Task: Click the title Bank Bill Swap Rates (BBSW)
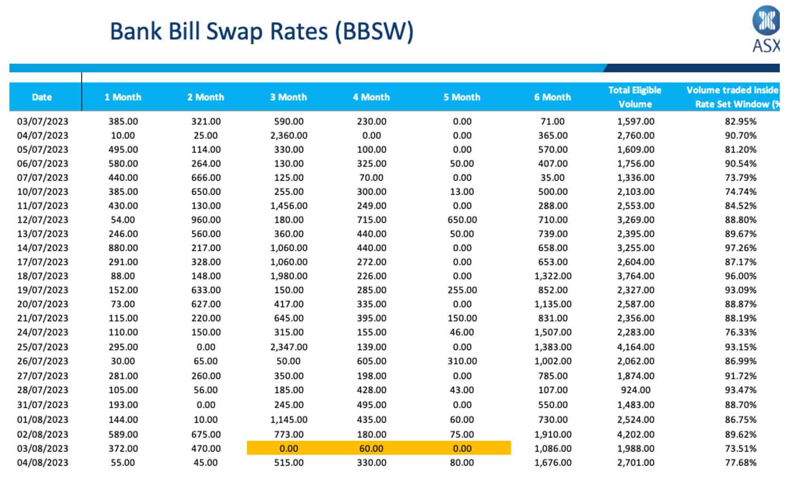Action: tap(261, 32)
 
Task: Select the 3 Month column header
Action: tap(288, 97)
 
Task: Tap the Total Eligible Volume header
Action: tap(634, 97)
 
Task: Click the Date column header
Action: tap(42, 97)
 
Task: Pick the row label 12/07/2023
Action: tap(43, 220)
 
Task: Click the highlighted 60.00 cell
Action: tap(371, 448)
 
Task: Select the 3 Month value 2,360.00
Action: tap(289, 135)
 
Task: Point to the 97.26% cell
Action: tap(740, 248)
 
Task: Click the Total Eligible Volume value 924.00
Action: tap(635, 390)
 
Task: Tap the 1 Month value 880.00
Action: tap(123, 248)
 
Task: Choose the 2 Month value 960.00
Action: tap(206, 220)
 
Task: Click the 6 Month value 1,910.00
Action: tap(553, 434)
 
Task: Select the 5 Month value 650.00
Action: tap(462, 220)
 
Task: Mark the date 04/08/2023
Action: tap(43, 462)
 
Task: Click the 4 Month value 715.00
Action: tap(371, 220)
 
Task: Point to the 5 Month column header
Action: tap(462, 97)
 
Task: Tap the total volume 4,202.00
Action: tap(635, 434)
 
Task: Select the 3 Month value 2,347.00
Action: tap(289, 347)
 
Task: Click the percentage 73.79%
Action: tap(740, 178)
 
